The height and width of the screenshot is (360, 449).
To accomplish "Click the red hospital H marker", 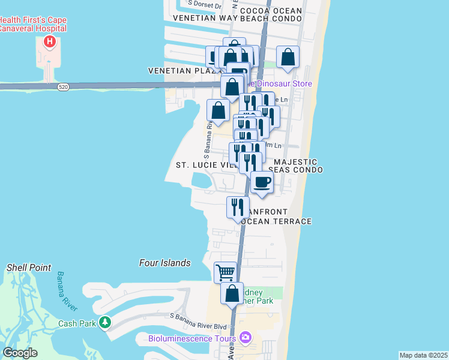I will tap(50, 42).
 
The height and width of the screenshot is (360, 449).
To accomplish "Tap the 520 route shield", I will tap(63, 88).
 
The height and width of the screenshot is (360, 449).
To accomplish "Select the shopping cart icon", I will tap(226, 272).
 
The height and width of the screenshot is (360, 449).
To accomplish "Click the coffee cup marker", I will tap(262, 182).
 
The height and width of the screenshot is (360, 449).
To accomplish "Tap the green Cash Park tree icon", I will tap(105, 323).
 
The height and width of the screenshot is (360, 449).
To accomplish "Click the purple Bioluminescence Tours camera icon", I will tap(244, 338).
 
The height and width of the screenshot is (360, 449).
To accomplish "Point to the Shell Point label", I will tap(29, 268).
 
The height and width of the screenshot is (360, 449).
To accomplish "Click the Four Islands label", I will tap(164, 263).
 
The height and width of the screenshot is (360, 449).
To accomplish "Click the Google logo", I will tap(20, 353).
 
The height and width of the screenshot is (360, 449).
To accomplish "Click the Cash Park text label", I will tap(77, 323).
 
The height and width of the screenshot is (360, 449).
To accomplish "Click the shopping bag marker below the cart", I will tap(232, 294).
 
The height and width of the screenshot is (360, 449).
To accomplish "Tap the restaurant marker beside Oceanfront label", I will tap(238, 207).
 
